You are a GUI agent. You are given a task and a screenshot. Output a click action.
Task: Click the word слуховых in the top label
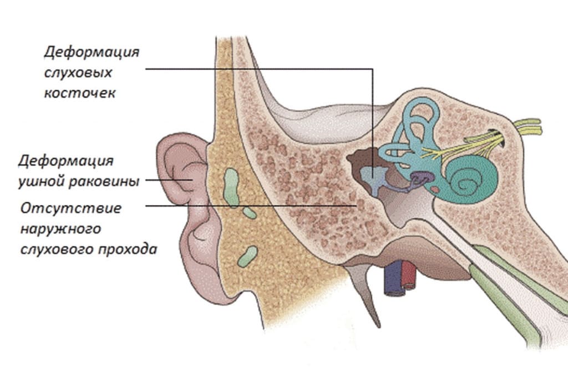click(x=78, y=73)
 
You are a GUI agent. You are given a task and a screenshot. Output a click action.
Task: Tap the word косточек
click(x=80, y=93)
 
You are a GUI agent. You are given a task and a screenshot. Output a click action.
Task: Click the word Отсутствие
click(x=71, y=208)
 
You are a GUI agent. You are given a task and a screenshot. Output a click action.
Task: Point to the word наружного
click(x=60, y=229)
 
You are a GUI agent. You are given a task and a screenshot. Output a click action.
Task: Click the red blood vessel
click(x=409, y=275)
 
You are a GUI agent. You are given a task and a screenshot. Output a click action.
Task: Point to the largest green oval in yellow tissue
click(x=231, y=187)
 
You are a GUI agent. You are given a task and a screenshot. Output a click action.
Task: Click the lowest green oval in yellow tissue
click(x=247, y=256)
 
